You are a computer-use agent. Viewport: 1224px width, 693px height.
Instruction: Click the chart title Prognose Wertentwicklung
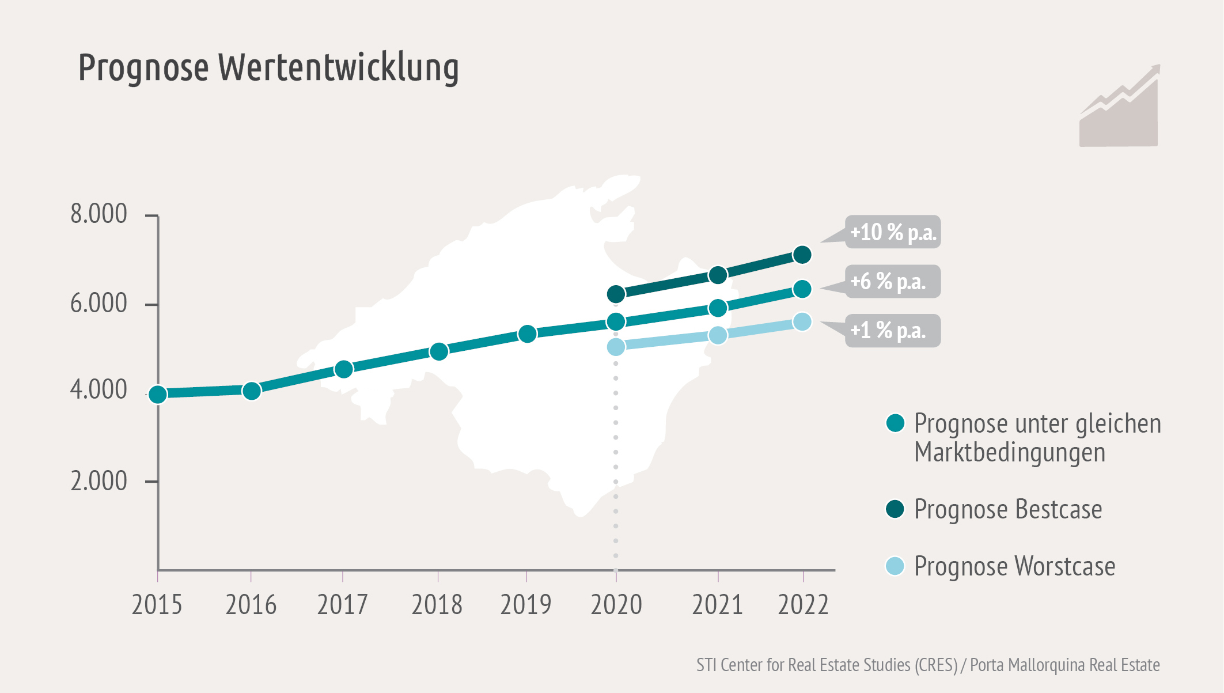coord(268,67)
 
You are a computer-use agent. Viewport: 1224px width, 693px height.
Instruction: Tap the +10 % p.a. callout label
coord(892,232)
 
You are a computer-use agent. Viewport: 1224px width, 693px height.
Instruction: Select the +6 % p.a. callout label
coord(892,282)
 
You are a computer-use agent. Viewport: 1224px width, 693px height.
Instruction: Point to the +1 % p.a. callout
coord(892,331)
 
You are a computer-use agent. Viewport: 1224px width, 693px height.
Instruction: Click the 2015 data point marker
coord(158,394)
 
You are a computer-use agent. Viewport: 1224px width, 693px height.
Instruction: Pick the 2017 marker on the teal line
coord(343,369)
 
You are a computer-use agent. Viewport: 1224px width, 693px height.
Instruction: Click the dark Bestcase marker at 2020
coord(616,294)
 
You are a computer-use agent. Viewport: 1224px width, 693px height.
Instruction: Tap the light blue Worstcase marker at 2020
coord(616,347)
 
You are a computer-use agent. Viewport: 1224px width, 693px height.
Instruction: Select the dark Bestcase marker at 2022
coord(802,255)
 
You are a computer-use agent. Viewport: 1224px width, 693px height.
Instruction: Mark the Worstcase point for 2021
coord(718,335)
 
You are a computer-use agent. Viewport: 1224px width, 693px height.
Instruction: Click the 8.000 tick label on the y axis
coord(98,214)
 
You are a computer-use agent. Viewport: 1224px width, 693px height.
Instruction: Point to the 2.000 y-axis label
coord(98,481)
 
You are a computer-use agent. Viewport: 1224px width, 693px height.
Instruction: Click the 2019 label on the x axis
coord(525,605)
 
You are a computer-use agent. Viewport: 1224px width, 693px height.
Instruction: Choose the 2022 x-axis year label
coord(803,605)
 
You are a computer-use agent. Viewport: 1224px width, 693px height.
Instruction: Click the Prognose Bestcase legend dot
coord(895,509)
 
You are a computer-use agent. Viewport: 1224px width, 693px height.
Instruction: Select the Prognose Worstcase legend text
coord(1014,566)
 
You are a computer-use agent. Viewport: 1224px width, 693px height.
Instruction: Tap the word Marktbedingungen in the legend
coord(1010,452)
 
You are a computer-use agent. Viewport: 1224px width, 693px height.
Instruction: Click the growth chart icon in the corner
coord(1119,107)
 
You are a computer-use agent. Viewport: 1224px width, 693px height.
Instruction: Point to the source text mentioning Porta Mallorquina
coord(1064,665)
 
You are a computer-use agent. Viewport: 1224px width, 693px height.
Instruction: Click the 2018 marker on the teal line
coord(439,351)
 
